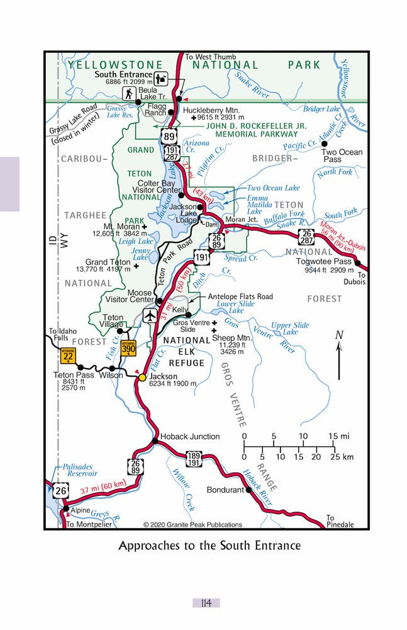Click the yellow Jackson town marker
click(x=142, y=377)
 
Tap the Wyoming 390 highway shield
click(x=128, y=348)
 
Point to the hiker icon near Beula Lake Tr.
click(x=130, y=94)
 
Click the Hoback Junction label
click(x=190, y=436)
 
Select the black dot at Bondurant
click(x=248, y=490)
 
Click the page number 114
click(x=206, y=603)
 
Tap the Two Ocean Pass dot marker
click(x=325, y=144)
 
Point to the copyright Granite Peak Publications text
click(x=192, y=524)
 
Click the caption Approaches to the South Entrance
click(x=209, y=546)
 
